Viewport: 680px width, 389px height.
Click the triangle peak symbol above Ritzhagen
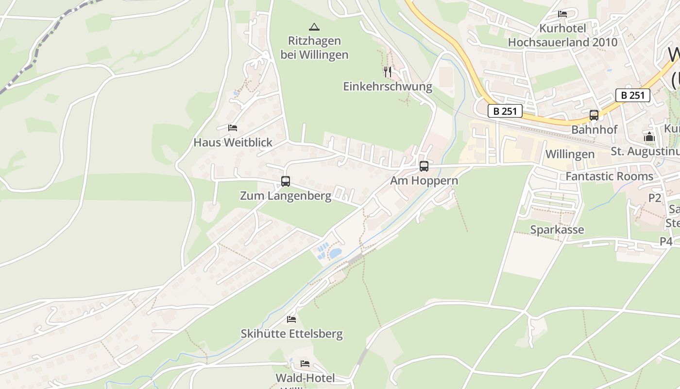(314, 27)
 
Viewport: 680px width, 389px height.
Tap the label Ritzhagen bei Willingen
(314, 48)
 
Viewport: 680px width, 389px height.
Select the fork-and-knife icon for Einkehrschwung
(388, 72)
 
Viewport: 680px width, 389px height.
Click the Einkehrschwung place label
(388, 87)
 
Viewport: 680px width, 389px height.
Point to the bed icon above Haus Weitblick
(233, 128)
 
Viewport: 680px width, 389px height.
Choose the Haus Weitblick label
(233, 142)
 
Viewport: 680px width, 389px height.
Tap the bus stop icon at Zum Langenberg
(286, 181)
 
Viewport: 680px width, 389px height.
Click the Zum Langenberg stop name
(286, 196)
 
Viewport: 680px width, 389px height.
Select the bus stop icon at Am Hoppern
(424, 166)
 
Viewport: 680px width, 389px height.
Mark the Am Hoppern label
(424, 181)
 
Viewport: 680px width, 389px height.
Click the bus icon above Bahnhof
(594, 115)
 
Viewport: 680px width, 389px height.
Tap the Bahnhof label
(594, 130)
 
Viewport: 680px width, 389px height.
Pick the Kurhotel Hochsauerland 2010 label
(562, 35)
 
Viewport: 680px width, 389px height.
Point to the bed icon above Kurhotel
(562, 14)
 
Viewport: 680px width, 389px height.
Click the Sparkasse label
(557, 230)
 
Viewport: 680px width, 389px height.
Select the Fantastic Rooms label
(609, 176)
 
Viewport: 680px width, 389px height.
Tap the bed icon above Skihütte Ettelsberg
(291, 319)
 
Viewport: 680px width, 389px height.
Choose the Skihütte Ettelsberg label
(291, 334)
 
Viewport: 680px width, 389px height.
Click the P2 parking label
(655, 198)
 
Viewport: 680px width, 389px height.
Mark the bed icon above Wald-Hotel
(305, 364)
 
